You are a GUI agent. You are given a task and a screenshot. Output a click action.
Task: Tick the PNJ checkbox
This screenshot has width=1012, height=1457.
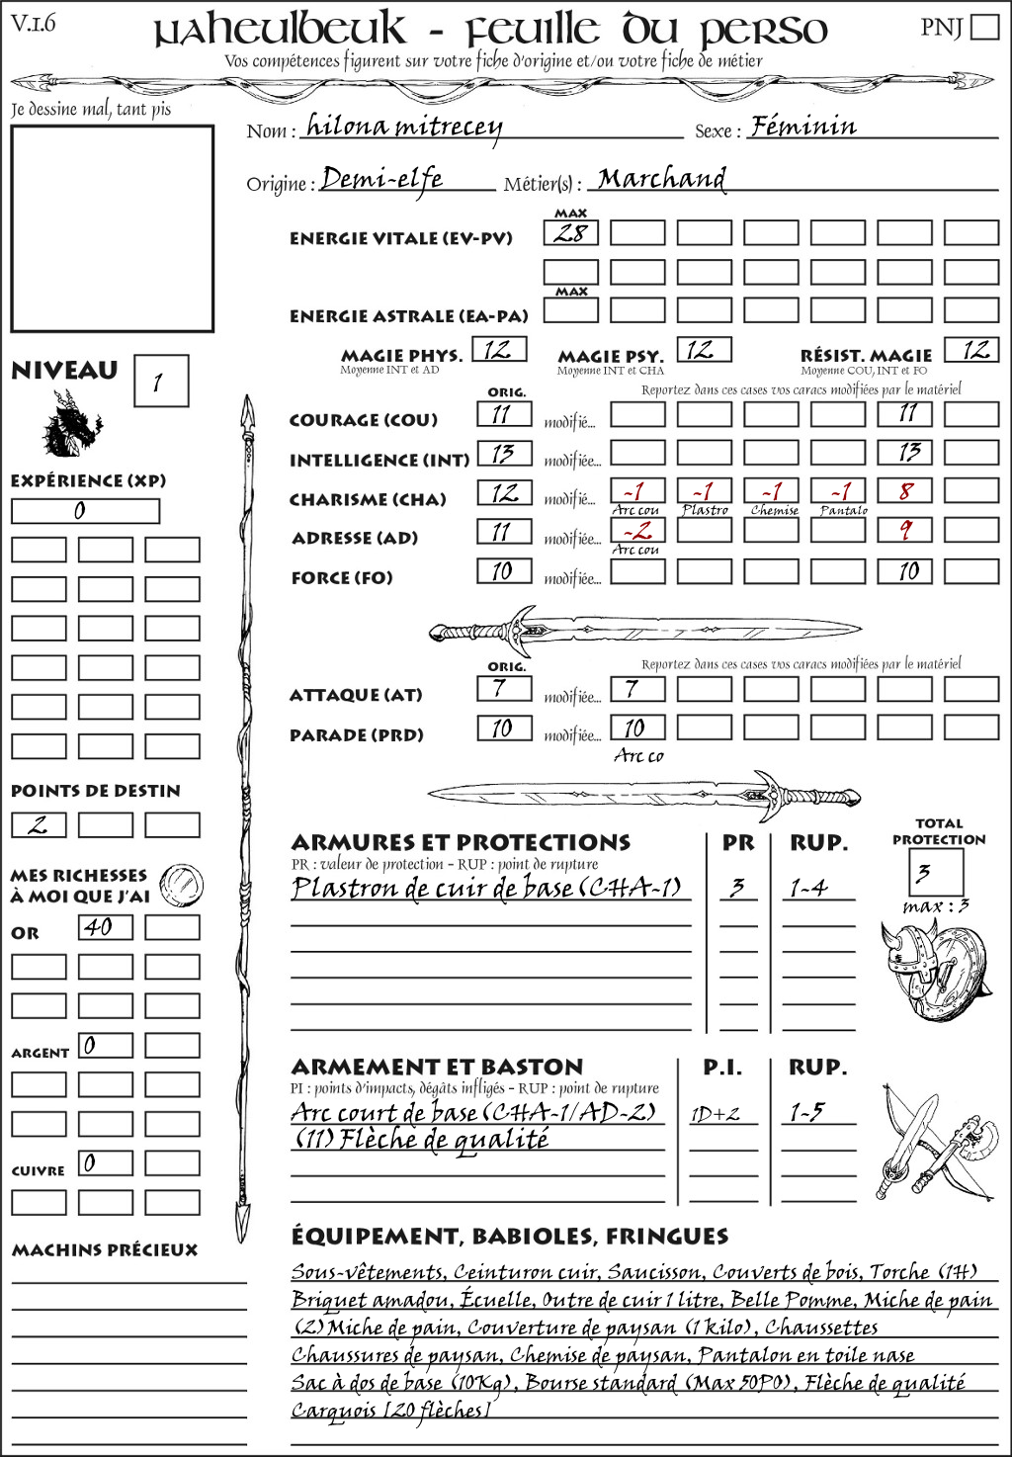tap(984, 27)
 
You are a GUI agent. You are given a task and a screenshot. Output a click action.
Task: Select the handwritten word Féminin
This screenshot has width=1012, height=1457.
tap(802, 127)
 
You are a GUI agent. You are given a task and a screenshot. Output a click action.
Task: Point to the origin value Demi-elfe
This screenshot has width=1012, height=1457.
tap(381, 179)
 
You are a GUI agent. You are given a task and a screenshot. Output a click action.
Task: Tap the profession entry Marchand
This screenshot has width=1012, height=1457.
tap(661, 179)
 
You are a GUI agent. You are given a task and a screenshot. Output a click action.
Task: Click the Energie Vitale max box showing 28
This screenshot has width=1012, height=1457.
tap(570, 233)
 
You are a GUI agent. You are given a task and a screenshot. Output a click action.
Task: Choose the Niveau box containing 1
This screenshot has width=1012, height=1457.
tap(160, 382)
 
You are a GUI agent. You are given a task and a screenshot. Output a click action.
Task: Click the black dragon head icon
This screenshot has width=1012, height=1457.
tap(70, 425)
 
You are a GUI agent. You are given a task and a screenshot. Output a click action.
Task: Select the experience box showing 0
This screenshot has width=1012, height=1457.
tap(85, 511)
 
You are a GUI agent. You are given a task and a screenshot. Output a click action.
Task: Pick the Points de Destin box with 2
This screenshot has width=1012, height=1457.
tap(39, 824)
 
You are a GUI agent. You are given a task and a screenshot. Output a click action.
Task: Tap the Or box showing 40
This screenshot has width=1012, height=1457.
tap(105, 927)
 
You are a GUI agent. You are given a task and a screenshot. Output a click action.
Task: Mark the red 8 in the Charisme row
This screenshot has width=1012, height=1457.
tap(904, 490)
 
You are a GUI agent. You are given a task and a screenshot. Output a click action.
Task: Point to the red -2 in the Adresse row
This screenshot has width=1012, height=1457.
tap(637, 530)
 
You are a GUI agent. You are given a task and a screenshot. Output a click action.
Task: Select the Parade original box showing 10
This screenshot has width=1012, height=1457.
tap(503, 728)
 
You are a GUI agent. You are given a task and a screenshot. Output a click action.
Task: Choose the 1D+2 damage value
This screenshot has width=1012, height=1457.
tap(716, 1114)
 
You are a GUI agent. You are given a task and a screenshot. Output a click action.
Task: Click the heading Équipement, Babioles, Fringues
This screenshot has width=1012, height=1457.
tap(509, 1236)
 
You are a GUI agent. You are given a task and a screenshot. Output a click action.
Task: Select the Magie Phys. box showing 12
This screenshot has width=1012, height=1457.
tap(499, 349)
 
